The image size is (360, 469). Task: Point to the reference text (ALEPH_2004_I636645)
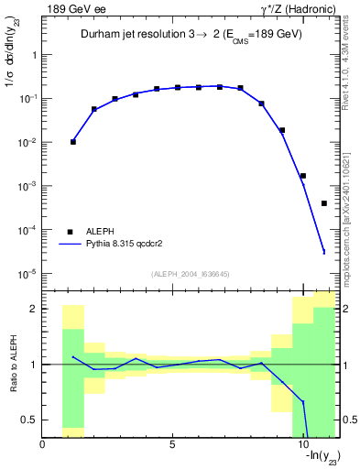191,273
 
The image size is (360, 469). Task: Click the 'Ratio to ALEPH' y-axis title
12,365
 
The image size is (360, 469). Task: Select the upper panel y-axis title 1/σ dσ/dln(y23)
12,70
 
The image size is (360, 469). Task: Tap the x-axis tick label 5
172,444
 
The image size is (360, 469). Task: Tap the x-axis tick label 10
302,444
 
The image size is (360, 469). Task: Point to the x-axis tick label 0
42,444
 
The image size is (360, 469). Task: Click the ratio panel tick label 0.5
28,420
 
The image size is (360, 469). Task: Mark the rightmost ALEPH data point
324,203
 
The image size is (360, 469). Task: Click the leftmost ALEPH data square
73,142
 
